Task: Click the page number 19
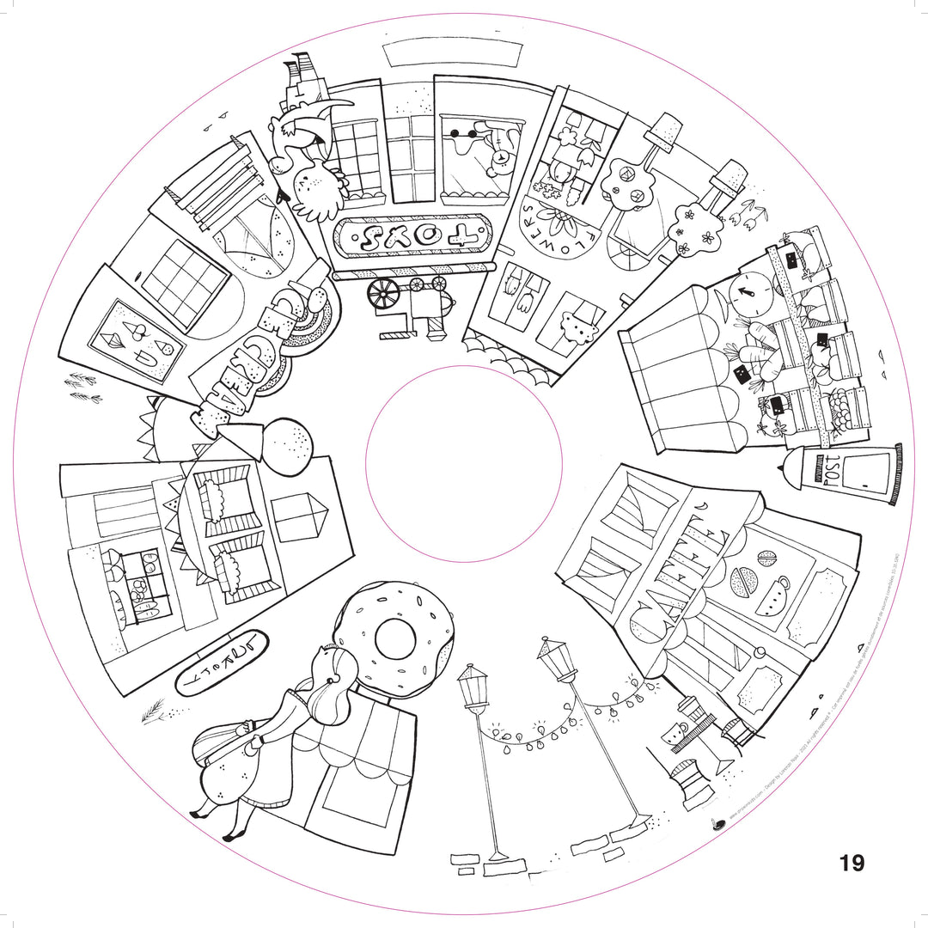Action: [852, 863]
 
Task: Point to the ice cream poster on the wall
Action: [138, 339]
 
